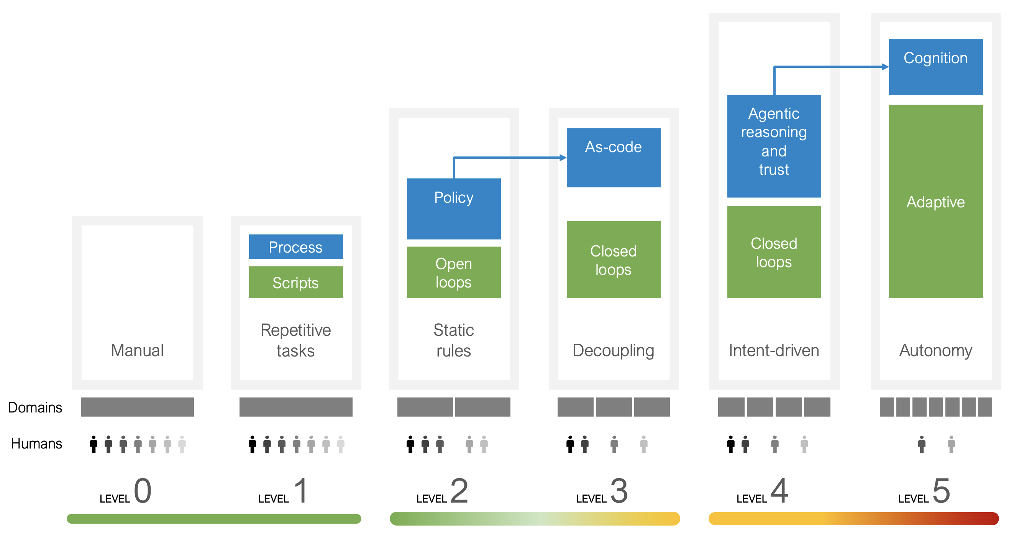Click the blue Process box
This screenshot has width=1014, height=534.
pyautogui.click(x=295, y=247)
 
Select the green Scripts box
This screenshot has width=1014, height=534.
pyautogui.click(x=295, y=283)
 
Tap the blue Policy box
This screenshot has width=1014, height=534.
pyautogui.click(x=453, y=209)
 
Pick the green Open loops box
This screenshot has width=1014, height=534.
pyautogui.click(x=453, y=273)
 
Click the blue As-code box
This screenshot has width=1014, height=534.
pyautogui.click(x=613, y=158)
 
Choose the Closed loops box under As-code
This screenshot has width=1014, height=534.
pyautogui.click(x=613, y=260)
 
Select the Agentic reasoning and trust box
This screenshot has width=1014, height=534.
pyautogui.click(x=774, y=146)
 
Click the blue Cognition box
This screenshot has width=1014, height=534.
pyautogui.click(x=935, y=67)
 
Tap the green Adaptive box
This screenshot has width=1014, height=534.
pyautogui.click(x=935, y=201)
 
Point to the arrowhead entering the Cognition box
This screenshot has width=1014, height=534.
pyautogui.click(x=885, y=67)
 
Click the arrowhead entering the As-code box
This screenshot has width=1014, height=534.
pyautogui.click(x=563, y=158)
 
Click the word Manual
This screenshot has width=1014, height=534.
pyautogui.click(x=137, y=350)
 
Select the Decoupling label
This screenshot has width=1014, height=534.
pyautogui.click(x=613, y=350)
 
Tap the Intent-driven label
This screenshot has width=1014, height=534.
pyautogui.click(x=774, y=350)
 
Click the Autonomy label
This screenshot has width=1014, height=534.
pyautogui.click(x=935, y=350)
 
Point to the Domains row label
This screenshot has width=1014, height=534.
pyautogui.click(x=35, y=407)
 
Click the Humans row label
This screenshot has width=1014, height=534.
pyautogui.click(x=36, y=444)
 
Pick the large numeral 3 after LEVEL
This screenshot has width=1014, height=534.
pyautogui.click(x=619, y=491)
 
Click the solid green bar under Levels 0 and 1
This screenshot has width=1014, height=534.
pyautogui.click(x=214, y=519)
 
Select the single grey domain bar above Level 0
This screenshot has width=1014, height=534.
pyautogui.click(x=137, y=407)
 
